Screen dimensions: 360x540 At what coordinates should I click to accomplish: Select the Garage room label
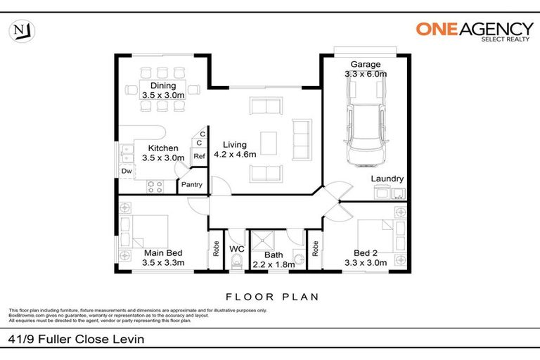click(366, 64)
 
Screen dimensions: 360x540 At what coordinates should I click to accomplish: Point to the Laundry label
click(386, 179)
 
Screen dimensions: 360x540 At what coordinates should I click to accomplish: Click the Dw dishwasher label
click(127, 171)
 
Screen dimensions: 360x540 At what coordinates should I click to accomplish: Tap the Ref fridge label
click(199, 156)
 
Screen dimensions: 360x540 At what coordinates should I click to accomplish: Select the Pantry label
click(192, 185)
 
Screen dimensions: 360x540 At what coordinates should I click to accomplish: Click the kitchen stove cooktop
click(155, 186)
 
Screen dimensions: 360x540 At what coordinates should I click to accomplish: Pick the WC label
click(237, 248)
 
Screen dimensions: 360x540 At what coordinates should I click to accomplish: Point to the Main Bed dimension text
click(163, 263)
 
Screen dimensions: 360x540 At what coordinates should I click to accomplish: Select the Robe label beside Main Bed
click(216, 247)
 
